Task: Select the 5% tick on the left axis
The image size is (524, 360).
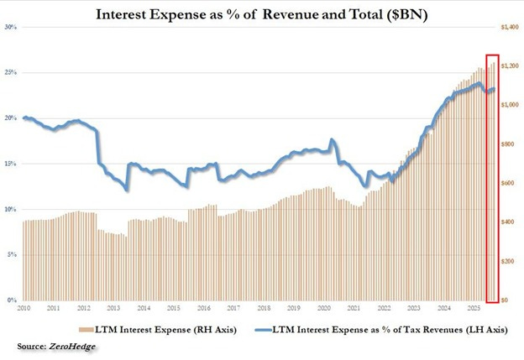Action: tap(12, 255)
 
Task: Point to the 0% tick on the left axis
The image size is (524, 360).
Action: tap(12, 300)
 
